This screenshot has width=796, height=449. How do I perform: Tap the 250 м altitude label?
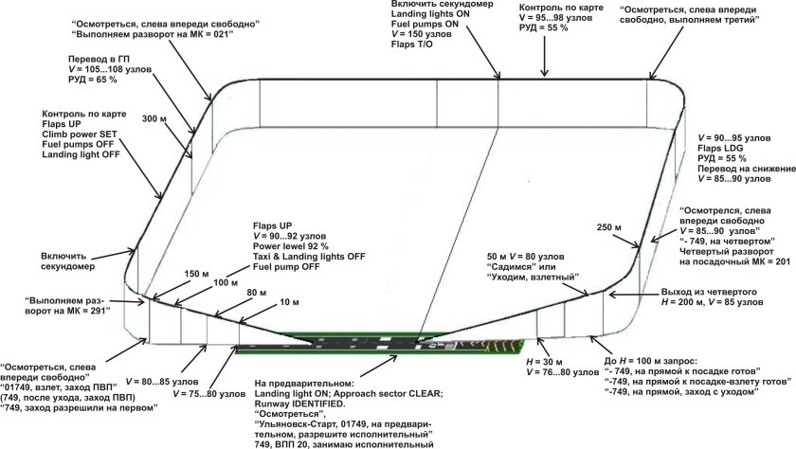[x=609, y=227]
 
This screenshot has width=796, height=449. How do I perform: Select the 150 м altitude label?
[x=196, y=274]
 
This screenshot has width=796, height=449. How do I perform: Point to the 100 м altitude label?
[x=226, y=282]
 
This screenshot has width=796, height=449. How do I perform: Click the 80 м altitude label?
[x=257, y=293]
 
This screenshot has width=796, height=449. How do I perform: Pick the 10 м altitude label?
[x=289, y=302]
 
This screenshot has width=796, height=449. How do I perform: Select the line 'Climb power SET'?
[x=80, y=135]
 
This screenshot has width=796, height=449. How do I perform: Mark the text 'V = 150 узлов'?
[x=422, y=34]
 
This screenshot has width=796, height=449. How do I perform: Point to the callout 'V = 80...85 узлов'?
[x=162, y=382]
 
